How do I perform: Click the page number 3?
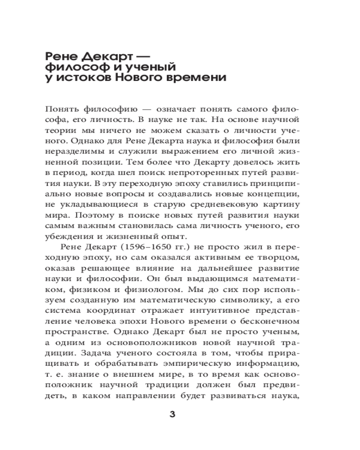click(172, 414)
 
